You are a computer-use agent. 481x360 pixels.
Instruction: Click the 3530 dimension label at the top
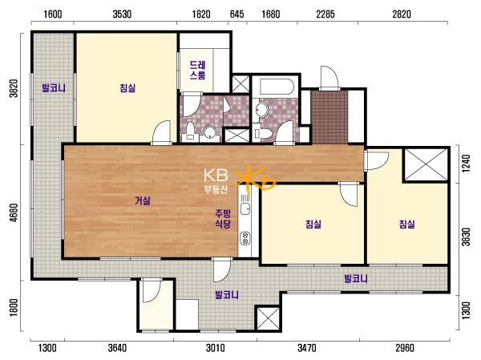click(122, 14)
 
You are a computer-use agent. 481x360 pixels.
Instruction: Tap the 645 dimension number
click(236, 14)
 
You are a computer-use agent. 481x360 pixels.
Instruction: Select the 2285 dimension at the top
click(325, 14)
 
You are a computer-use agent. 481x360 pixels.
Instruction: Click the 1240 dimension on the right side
click(466, 164)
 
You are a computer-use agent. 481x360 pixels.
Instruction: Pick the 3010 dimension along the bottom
click(216, 348)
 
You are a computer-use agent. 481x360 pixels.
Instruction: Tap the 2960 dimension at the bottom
click(405, 348)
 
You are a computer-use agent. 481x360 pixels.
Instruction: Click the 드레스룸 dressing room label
click(197, 70)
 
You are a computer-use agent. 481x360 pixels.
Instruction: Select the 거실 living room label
click(143, 200)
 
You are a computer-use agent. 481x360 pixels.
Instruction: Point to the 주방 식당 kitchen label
click(223, 219)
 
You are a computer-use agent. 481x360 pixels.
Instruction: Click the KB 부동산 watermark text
click(216, 181)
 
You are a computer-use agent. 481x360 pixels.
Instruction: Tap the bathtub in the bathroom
click(276, 87)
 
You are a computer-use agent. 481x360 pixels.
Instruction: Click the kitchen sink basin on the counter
click(245, 209)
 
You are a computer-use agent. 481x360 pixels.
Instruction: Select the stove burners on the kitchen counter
click(245, 238)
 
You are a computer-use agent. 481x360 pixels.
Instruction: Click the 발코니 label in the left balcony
click(54, 88)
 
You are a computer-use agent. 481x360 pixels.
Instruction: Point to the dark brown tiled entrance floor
click(329, 117)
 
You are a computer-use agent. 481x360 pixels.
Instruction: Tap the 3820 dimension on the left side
click(14, 88)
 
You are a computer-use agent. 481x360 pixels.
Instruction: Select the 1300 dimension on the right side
click(466, 310)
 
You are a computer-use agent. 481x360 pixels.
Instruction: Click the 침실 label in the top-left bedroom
click(127, 88)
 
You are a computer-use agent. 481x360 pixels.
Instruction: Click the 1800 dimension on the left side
click(14, 308)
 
